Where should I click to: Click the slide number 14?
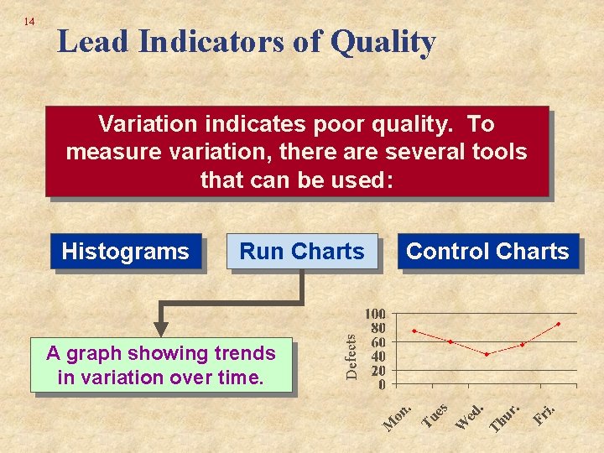[x=29, y=21]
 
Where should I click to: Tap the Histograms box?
[x=126, y=252]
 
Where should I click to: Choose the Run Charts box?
[x=302, y=252]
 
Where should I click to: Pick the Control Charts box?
[x=487, y=252]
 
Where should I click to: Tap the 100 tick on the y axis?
[x=374, y=314]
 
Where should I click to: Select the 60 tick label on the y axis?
[x=377, y=342]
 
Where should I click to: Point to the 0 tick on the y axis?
[x=382, y=385]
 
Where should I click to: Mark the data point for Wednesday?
[x=487, y=354]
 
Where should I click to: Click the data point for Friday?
[x=558, y=324]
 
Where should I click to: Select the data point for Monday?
[x=414, y=331]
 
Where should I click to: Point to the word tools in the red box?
[x=497, y=152]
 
